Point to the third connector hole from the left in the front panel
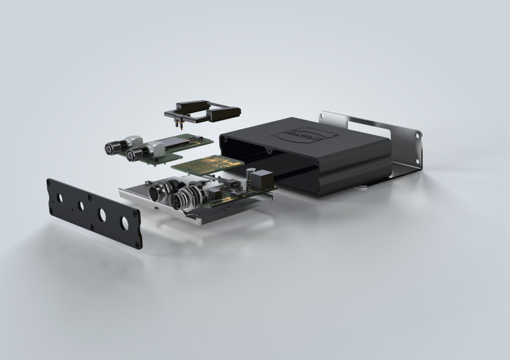pyautogui.click(x=102, y=214)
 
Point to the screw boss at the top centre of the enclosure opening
pyautogui.click(x=270, y=152)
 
